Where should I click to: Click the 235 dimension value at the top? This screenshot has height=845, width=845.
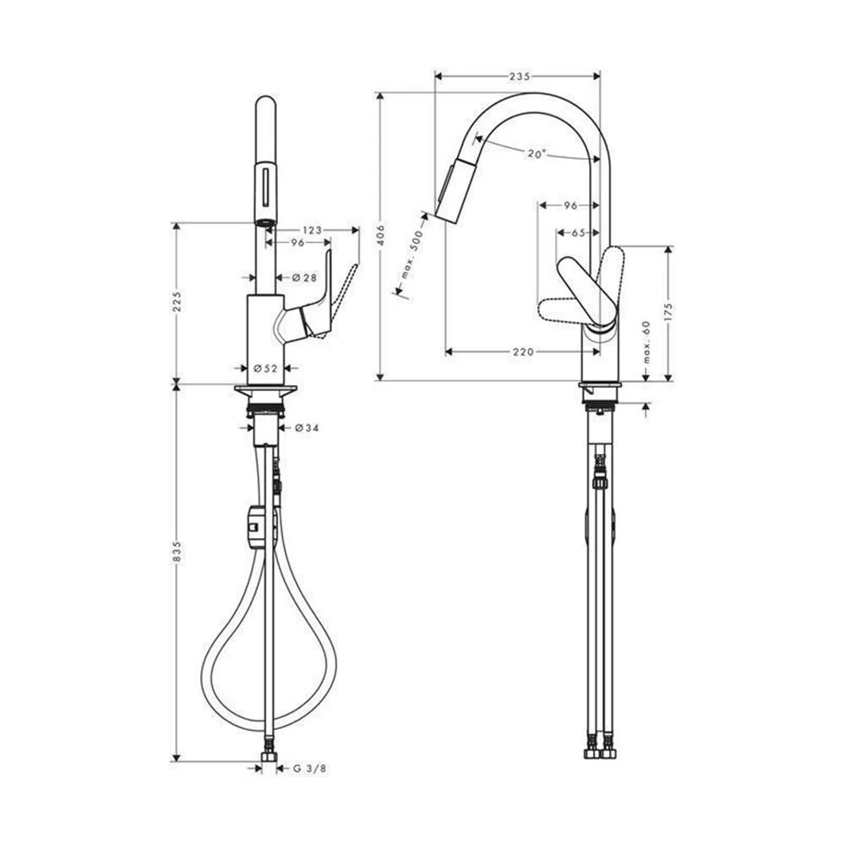coord(520,77)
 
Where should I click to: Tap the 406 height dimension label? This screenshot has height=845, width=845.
coord(381,236)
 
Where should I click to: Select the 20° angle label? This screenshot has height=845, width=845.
coord(537,154)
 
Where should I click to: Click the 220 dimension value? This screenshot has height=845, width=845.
coord(523,352)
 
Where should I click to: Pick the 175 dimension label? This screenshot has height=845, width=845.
coord(668,313)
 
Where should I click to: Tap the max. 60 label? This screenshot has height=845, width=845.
coord(646,342)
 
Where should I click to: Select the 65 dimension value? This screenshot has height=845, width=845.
coord(578,233)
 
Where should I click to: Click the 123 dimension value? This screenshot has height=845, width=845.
coord(312,230)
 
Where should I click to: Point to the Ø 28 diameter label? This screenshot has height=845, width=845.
coord(304,277)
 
